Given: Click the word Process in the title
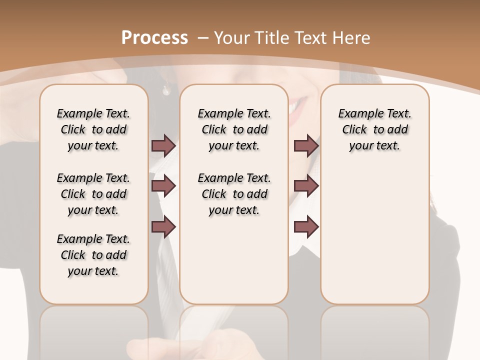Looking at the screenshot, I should [x=154, y=37].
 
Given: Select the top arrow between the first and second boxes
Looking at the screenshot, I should [x=163, y=145].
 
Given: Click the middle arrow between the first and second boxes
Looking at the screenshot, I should [x=163, y=186].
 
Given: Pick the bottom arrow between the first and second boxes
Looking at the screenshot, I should [x=163, y=227].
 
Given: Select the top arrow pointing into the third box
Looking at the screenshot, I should [x=306, y=145].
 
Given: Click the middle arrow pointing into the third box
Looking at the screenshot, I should [x=306, y=186].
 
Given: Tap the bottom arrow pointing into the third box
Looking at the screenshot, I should [x=306, y=227].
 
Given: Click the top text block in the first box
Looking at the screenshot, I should [x=93, y=129].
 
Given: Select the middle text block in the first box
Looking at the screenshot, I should [x=93, y=194].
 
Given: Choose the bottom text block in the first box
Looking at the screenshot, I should [x=93, y=255].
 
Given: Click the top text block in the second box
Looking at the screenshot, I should [x=234, y=129].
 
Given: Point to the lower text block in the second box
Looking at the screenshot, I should [x=234, y=194].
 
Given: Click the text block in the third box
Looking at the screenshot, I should [x=375, y=129].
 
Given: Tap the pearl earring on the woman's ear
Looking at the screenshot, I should [x=165, y=90].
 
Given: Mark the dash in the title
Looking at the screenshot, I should [x=203, y=37].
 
